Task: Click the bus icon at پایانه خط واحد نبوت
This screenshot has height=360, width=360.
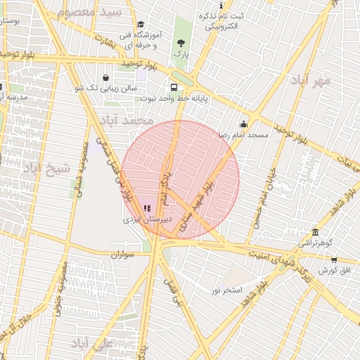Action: point(173,88)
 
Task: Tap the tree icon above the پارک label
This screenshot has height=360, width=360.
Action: point(181,43)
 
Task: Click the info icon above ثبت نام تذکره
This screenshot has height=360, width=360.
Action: point(222,5)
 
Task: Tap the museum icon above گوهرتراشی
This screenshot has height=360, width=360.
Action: point(315,233)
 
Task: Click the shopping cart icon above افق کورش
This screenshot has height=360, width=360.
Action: point(333,260)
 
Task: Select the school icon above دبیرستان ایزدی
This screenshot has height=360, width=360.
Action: point(146,208)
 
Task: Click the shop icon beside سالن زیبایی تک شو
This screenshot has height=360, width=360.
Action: point(105,77)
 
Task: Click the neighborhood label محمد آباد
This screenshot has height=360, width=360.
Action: point(127,121)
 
